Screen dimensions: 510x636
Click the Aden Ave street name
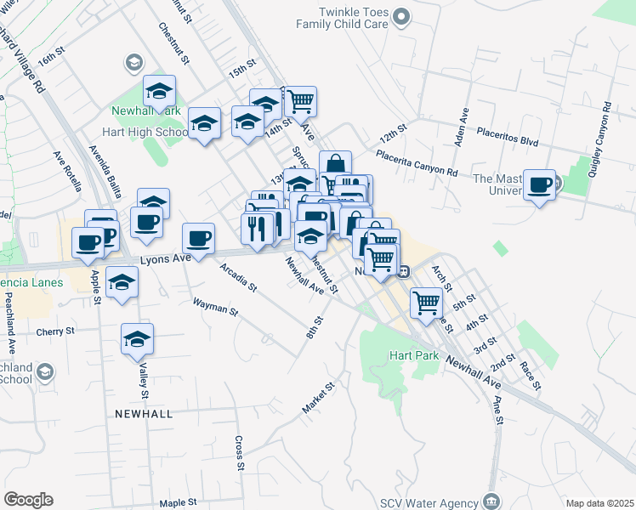pos(463,127)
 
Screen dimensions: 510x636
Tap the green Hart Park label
pos(413,356)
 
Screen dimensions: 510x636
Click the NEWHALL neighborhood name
pos(144,413)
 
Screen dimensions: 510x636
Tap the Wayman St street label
pos(214,306)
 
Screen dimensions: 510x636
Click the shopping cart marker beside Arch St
pos(426,301)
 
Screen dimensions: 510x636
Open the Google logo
pos(28,500)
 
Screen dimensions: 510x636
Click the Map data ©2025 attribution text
pos(599,503)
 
